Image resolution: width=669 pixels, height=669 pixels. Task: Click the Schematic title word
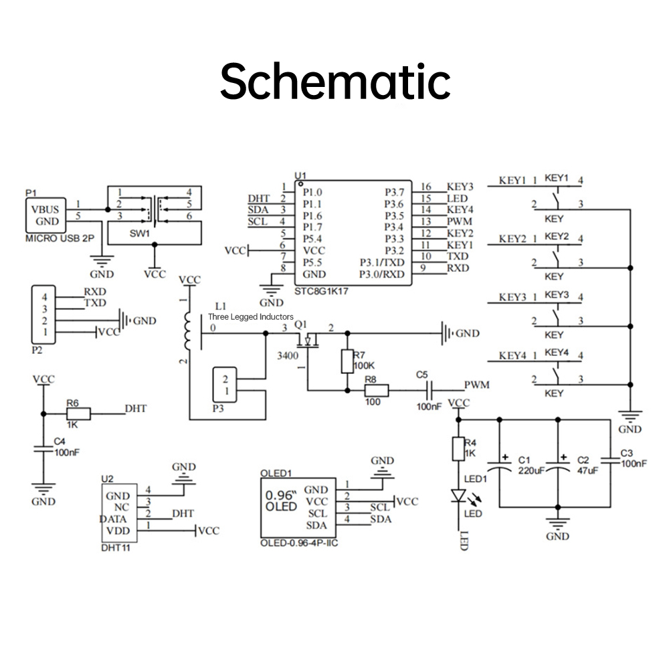click(334, 82)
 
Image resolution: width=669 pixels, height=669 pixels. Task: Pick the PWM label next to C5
click(477, 385)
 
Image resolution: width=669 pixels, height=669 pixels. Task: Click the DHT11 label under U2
click(115, 548)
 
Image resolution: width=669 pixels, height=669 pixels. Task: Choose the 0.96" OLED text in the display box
click(281, 501)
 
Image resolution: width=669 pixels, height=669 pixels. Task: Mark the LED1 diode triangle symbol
click(458, 496)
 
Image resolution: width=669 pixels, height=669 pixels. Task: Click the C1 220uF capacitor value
click(531, 470)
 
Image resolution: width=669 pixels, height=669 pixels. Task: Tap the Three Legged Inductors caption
click(251, 316)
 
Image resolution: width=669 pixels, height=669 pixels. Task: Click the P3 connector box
click(224, 385)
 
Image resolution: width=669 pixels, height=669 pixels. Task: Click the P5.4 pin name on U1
click(312, 239)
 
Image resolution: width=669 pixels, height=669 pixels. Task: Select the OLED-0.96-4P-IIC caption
click(299, 544)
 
